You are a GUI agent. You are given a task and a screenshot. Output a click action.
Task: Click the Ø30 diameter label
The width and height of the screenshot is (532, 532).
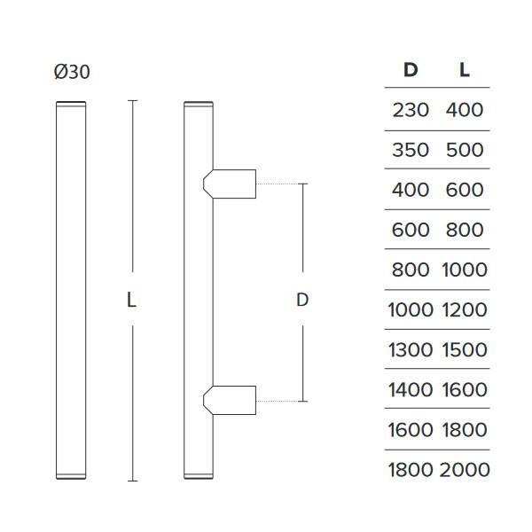coord(71,73)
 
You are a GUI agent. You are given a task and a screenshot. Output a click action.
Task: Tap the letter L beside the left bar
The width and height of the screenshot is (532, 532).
coord(131,301)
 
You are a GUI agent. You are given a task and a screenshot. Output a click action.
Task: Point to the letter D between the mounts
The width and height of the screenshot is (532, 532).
coord(302,301)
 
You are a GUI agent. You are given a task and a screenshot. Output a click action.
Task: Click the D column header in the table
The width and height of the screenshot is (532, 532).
coord(411,70)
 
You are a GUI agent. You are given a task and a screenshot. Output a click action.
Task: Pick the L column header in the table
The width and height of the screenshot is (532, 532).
coord(464,70)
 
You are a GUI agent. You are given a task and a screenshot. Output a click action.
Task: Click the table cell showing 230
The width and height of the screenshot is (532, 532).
coord(411,110)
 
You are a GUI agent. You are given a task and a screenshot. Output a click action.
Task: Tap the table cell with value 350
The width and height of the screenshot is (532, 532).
coord(411,150)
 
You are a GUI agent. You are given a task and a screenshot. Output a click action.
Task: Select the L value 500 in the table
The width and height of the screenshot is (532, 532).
coord(465,150)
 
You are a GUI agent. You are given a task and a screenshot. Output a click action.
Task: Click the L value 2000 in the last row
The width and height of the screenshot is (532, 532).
coord(465,470)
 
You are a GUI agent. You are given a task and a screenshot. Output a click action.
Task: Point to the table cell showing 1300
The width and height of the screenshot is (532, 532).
coord(410,350)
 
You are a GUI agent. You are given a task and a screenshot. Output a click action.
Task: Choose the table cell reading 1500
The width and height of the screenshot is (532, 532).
coord(465,350)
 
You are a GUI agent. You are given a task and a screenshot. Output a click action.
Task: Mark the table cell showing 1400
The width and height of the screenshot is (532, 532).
coord(410,390)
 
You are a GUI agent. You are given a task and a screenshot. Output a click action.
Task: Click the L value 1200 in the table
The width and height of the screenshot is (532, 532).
coord(465,310)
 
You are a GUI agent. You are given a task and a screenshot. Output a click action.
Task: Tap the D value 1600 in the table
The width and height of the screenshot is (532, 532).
coord(410,430)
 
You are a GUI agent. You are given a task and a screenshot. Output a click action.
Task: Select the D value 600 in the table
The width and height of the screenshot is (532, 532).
coord(411,230)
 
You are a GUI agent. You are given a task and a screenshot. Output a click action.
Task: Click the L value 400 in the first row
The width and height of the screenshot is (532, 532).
coord(465,110)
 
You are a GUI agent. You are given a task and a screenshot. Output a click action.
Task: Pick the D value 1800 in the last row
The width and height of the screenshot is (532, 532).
coord(410,470)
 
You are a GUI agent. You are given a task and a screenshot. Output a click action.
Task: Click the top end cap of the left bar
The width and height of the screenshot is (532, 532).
coord(71,106)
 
